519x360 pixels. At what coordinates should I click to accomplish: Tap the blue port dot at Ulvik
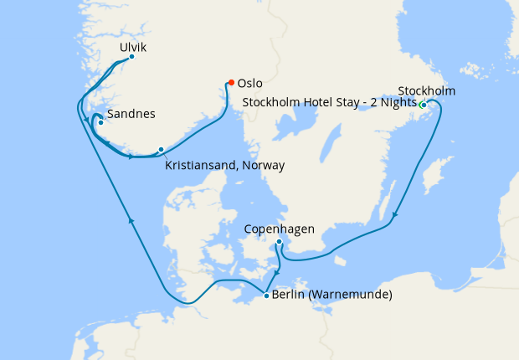click(131, 57)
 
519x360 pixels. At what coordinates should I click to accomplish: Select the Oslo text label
click(250, 83)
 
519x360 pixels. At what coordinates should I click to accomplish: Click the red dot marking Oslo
click(231, 82)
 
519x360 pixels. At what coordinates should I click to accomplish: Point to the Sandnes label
click(131, 114)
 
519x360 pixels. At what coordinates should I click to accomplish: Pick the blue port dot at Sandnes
click(100, 123)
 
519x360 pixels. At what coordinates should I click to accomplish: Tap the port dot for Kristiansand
click(161, 150)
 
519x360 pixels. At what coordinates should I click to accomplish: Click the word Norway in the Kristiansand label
click(263, 166)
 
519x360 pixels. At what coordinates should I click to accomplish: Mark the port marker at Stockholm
click(424, 105)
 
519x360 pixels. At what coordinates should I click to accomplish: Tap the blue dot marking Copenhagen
click(279, 242)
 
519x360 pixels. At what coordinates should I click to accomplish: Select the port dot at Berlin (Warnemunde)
click(266, 295)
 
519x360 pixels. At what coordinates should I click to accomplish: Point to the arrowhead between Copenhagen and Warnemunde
click(277, 273)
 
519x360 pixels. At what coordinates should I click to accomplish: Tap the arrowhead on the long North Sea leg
click(131, 219)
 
